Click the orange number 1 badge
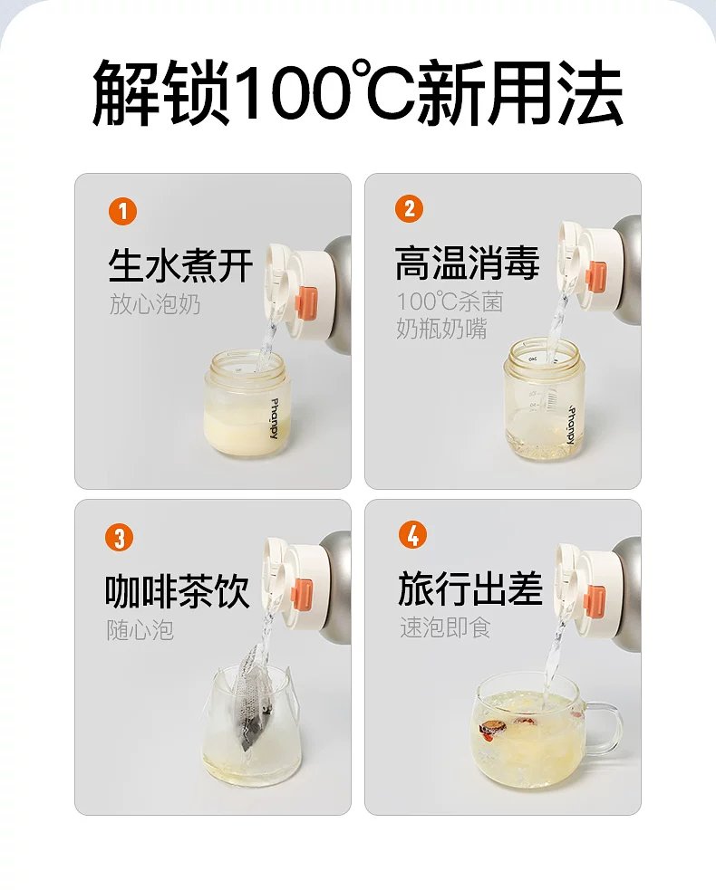[122, 211]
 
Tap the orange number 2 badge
[409, 208]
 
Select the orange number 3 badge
[120, 537]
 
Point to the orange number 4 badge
[412, 535]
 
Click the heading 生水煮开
[180, 264]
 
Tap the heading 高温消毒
[467, 263]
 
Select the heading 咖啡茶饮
[178, 591]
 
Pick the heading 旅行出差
[470, 589]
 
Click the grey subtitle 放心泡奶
[155, 304]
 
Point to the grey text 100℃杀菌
[450, 302]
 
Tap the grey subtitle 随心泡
[140, 630]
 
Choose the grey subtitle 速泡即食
[445, 627]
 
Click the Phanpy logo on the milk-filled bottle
[274, 419]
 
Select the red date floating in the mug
[491, 731]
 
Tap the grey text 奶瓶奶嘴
[441, 329]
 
